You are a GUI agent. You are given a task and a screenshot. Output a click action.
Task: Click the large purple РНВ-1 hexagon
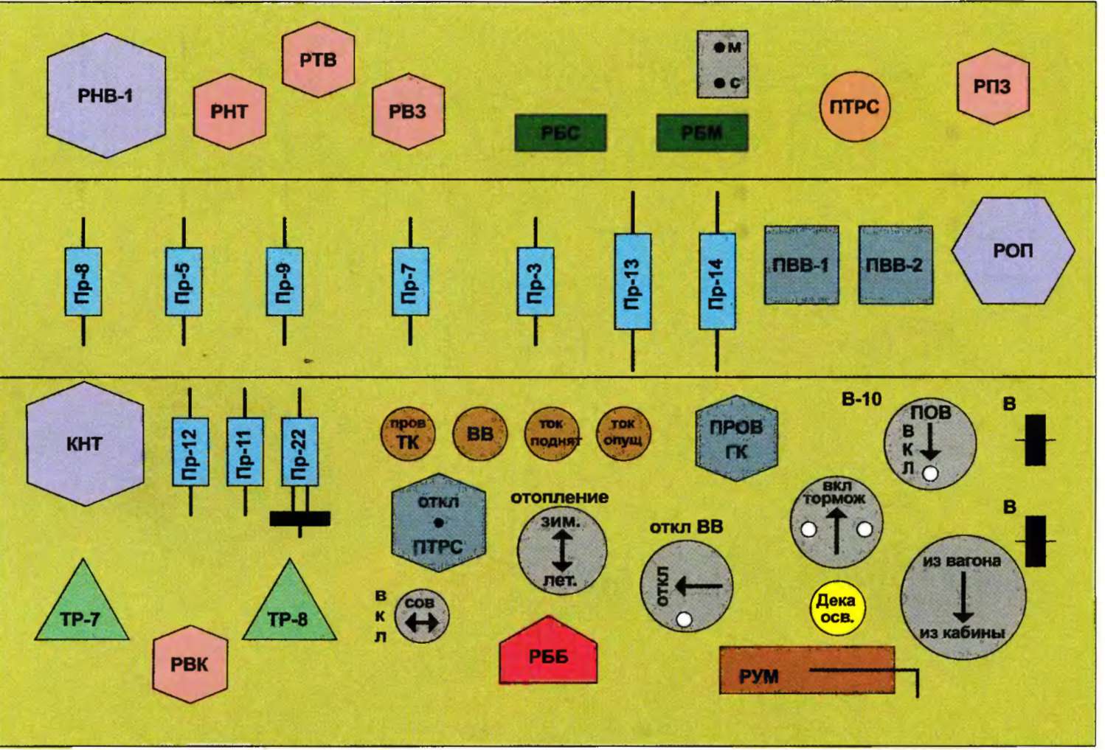(x=106, y=96)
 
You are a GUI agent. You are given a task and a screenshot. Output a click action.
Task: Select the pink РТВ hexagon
(x=318, y=60)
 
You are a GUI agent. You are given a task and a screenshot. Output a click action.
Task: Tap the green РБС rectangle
(x=560, y=133)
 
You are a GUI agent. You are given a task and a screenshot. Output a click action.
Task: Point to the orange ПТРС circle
(x=854, y=107)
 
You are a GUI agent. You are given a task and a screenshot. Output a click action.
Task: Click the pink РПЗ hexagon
(x=992, y=86)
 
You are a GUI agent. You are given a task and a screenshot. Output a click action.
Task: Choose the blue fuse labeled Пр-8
(x=83, y=282)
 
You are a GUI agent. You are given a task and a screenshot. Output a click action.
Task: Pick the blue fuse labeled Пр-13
(x=632, y=282)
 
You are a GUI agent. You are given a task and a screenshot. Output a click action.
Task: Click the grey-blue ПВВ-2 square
(x=895, y=265)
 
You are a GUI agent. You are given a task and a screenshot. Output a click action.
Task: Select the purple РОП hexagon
(x=1013, y=251)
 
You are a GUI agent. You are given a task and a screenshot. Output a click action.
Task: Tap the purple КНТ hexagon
(x=85, y=443)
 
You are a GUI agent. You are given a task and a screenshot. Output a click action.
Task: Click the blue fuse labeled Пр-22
(x=299, y=451)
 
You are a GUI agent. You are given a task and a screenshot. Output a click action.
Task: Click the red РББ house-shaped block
(x=548, y=653)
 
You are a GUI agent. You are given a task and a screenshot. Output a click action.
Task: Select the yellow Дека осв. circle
(x=836, y=608)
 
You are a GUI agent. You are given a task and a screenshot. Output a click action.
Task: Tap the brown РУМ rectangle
(x=806, y=670)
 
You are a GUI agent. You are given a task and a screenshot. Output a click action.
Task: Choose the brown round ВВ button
(x=479, y=434)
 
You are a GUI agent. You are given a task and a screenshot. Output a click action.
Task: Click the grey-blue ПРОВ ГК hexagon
(x=736, y=438)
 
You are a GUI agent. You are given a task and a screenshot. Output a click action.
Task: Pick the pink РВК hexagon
(x=190, y=664)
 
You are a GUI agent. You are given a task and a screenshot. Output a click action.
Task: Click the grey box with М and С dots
(x=722, y=65)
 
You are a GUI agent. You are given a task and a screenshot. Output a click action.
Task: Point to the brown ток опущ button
(x=623, y=434)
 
